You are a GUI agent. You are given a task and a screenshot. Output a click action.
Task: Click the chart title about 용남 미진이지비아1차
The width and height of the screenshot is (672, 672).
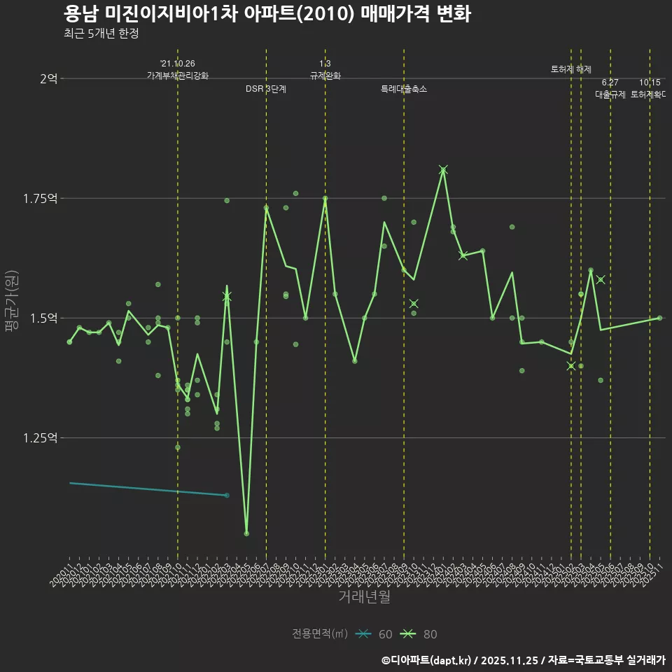[267, 14]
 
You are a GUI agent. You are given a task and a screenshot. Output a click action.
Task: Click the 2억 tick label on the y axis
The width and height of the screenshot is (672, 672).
[48, 78]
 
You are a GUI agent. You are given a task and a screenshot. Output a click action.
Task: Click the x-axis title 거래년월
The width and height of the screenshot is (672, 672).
[364, 596]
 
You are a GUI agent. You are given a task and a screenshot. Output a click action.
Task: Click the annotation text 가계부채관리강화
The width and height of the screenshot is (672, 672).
[177, 76]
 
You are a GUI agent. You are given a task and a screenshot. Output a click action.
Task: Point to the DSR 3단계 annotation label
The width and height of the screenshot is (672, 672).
[265, 89]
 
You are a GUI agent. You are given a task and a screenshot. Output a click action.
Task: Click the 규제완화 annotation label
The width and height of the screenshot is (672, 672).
[325, 76]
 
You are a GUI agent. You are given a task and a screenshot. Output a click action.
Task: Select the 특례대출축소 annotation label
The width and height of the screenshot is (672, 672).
[403, 89]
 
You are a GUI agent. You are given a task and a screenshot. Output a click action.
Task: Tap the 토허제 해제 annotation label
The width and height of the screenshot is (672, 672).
[570, 69]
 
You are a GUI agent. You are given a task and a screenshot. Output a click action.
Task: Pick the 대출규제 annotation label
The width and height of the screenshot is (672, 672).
[610, 94]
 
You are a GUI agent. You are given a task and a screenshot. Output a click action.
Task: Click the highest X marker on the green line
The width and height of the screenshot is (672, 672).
[443, 170]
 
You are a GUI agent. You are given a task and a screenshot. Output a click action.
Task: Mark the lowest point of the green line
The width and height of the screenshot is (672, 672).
[246, 533]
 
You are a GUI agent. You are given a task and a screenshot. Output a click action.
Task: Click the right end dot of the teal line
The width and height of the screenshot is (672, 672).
[227, 496]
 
